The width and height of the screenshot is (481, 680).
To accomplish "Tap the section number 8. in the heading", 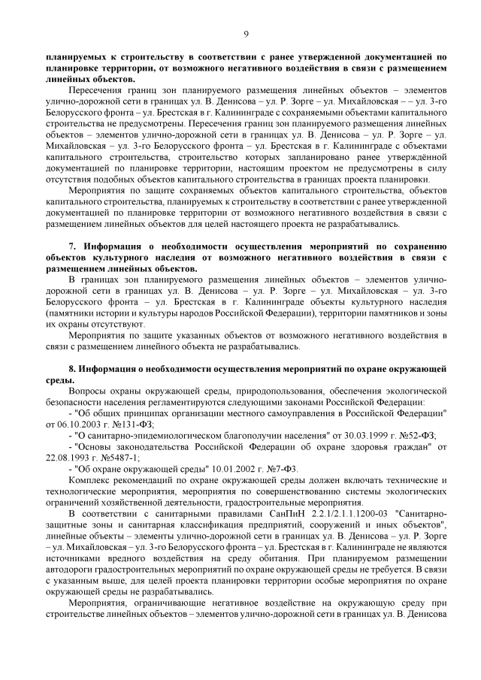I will [73, 370].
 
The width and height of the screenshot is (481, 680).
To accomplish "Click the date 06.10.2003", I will [71, 424].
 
